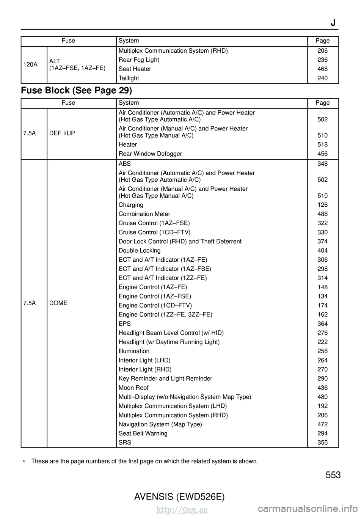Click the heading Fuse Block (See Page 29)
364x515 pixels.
pyautogui.click(x=77, y=91)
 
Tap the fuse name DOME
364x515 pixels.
pyautogui.click(x=58, y=303)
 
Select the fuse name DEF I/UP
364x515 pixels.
pyautogui.click(x=62, y=133)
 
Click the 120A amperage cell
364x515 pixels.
pyautogui.click(x=30, y=64)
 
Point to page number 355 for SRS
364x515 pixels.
pyautogui.click(x=322, y=442)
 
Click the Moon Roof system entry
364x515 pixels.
pyautogui.click(x=133, y=388)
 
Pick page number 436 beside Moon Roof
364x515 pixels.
pyautogui.click(x=322, y=388)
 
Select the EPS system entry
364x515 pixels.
pyautogui.click(x=125, y=323)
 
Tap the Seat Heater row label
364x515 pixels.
pyautogui.click(x=135, y=69)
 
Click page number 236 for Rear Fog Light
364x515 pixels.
pyautogui.click(x=322, y=60)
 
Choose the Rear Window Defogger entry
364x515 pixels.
pyautogui.click(x=150, y=154)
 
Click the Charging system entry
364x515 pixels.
pyautogui.click(x=131, y=205)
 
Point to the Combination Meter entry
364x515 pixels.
pyautogui.click(x=144, y=214)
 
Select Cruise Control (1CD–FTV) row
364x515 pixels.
pyautogui.click(x=154, y=232)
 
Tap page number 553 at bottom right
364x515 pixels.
pyautogui.click(x=333, y=475)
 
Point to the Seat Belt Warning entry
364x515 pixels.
pyautogui.click(x=143, y=433)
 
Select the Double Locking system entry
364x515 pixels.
pyautogui.click(x=140, y=250)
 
